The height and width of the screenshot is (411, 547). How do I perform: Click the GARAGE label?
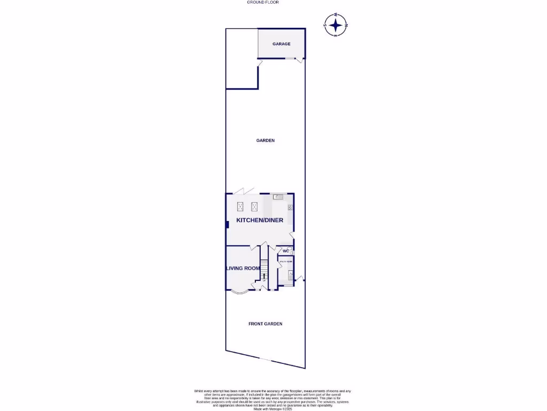(x=282, y=44)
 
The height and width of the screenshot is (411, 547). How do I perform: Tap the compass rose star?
(x=335, y=25)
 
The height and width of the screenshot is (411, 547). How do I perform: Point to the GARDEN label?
(x=265, y=140)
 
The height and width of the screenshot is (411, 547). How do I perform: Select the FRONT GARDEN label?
(x=265, y=324)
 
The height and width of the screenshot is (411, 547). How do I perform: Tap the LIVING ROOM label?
(x=243, y=268)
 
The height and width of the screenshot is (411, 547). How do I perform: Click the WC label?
(x=285, y=251)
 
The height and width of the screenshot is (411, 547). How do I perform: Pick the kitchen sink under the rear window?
(x=278, y=197)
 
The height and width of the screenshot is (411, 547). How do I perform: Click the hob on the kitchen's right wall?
(x=291, y=207)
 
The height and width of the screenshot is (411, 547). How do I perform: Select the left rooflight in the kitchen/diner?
(x=240, y=205)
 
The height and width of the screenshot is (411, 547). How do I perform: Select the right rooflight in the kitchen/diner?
(x=254, y=205)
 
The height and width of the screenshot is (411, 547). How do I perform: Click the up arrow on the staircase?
(x=264, y=275)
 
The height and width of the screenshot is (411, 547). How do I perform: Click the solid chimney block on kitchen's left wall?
(x=227, y=224)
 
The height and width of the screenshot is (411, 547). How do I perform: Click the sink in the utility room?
(x=290, y=275)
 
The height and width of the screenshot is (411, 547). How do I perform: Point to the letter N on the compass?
(x=347, y=25)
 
